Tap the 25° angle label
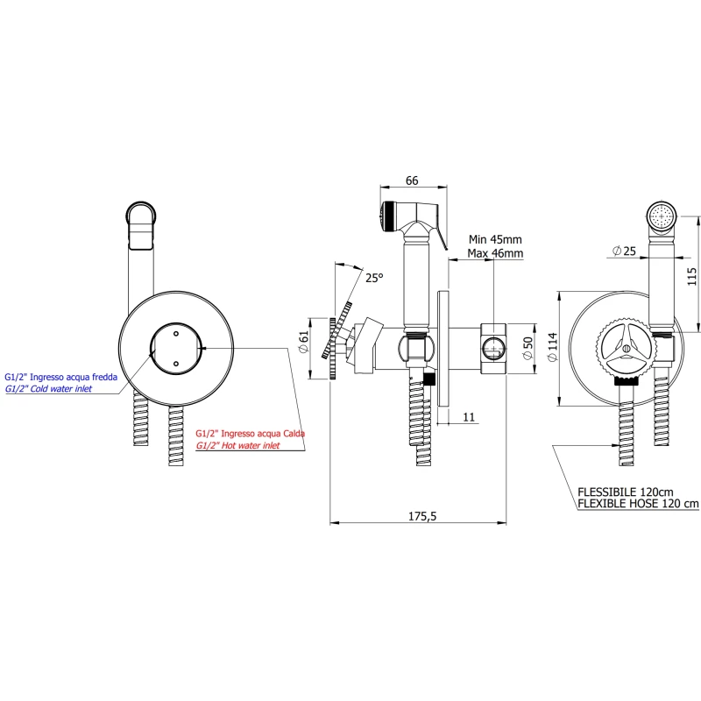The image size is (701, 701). pyautogui.click(x=374, y=278)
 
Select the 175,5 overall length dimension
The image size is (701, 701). pyautogui.click(x=422, y=516)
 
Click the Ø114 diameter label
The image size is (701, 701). pyautogui.click(x=552, y=343)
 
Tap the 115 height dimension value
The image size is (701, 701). pyautogui.click(x=691, y=277)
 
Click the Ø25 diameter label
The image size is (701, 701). pyautogui.click(x=624, y=251)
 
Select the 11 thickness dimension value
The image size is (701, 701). pyautogui.click(x=470, y=417)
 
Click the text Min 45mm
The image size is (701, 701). pyautogui.click(x=495, y=239)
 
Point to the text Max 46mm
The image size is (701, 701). pyautogui.click(x=495, y=253)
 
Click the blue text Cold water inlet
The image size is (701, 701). pyautogui.click(x=61, y=388)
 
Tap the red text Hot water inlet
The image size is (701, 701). pyautogui.click(x=237, y=445)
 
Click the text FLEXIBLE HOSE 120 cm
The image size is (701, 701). pyautogui.click(x=639, y=503)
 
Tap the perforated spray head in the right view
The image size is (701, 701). pyautogui.click(x=662, y=215)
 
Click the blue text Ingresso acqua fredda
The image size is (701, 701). pyautogui.click(x=73, y=376)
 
